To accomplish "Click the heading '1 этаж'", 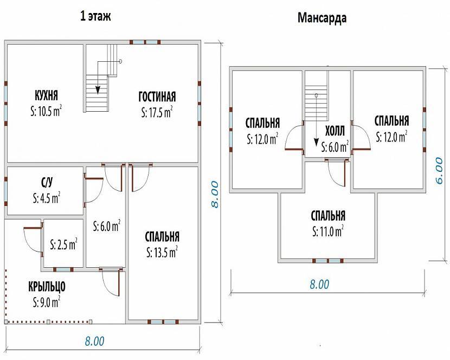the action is pos(95,16).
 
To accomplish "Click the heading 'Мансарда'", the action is pos(322,17).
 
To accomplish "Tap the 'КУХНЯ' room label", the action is pos(46,95).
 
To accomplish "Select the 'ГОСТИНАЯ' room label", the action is pos(157,97).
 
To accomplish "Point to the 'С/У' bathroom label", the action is pos(47,182).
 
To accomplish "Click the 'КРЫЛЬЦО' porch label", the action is pos(47,286).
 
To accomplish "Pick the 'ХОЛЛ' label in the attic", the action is pos(335,132).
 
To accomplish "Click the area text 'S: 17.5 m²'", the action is pos(157,112).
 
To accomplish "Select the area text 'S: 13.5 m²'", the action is pos(162,252).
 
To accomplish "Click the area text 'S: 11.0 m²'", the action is pos(328,231).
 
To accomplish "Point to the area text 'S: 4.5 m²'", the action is pos(47,198).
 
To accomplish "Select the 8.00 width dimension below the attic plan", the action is pos(319,284).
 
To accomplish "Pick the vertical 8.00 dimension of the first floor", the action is pos(215,194).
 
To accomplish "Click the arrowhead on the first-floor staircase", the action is pos(98,90).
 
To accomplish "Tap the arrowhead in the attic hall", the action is pos(316,143).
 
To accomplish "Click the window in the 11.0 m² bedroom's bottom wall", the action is pos(328,261).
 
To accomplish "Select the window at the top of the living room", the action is pos(145,42).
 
